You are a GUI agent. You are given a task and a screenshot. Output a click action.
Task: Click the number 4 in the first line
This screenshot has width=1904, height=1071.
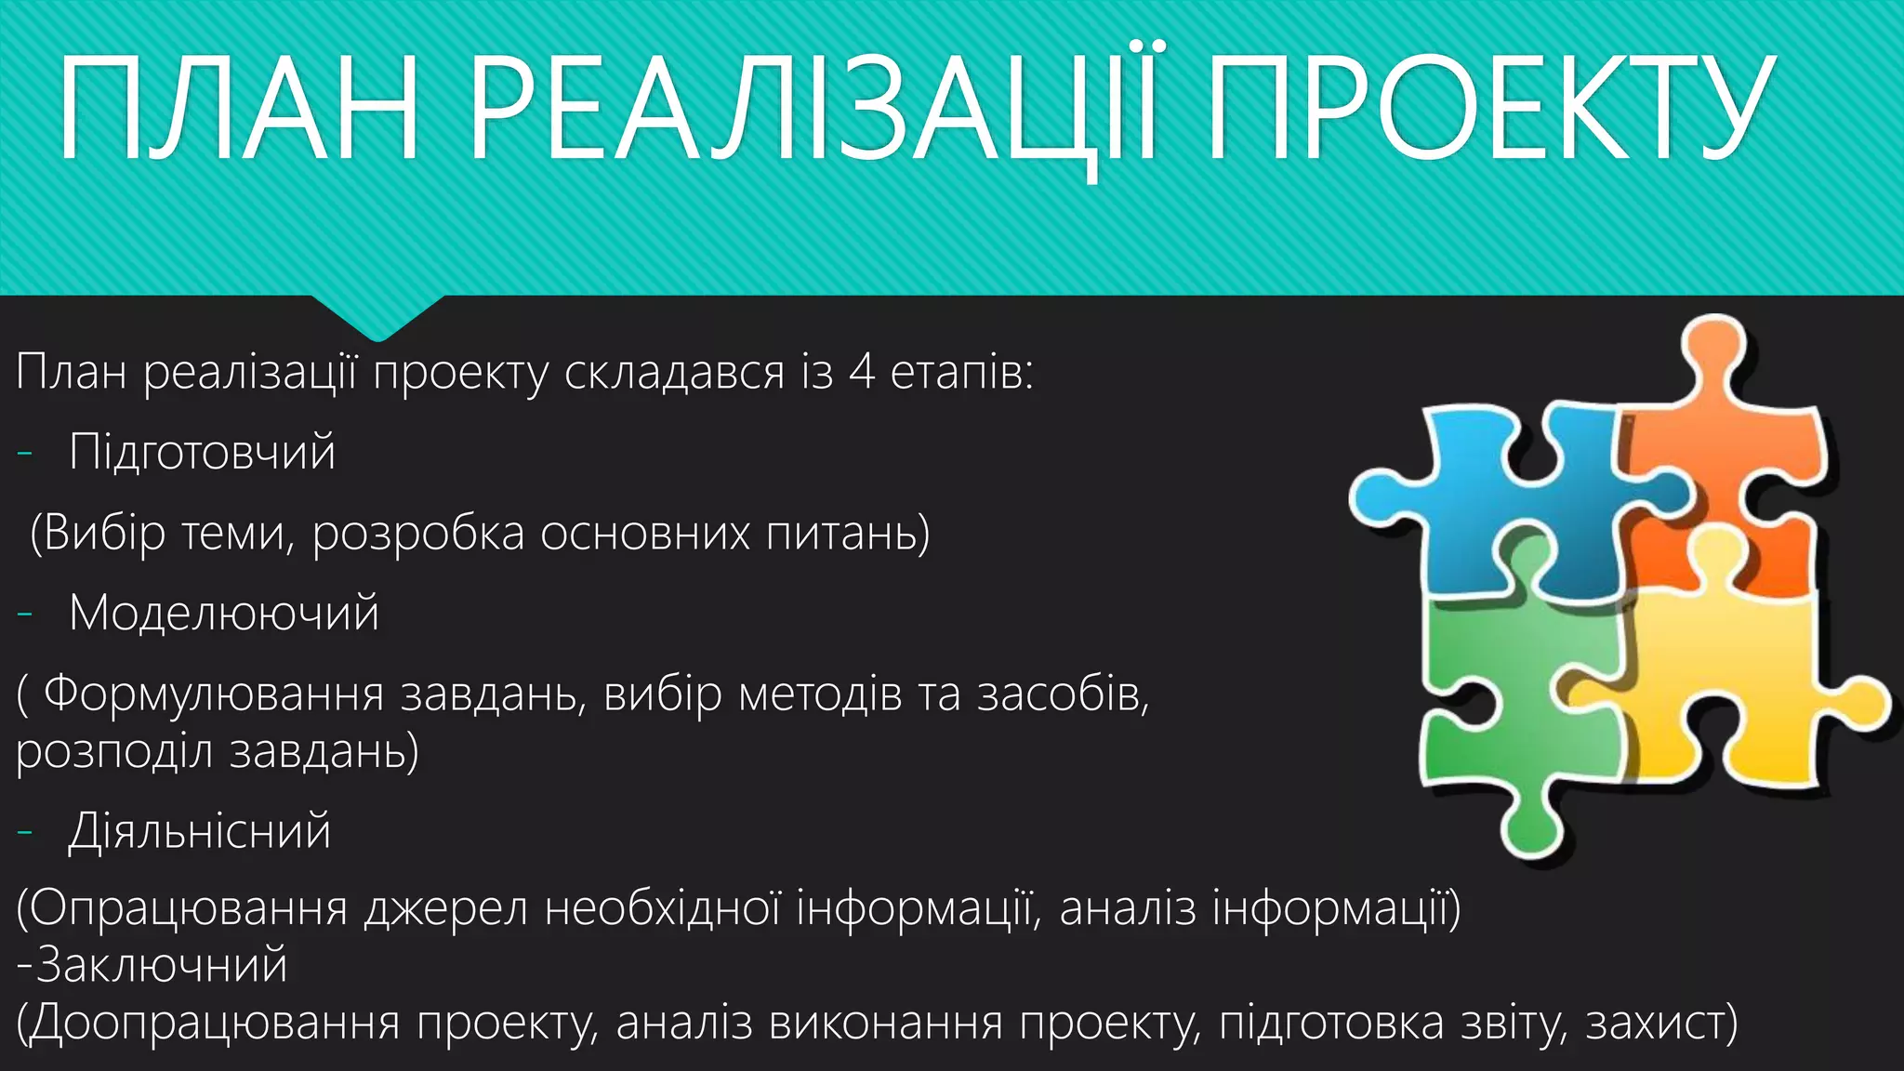862,373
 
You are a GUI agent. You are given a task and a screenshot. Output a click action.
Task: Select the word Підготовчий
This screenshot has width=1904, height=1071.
202,453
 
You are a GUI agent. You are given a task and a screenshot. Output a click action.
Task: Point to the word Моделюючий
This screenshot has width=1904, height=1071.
224,614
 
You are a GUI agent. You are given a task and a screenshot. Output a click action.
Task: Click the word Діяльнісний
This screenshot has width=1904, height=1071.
199,831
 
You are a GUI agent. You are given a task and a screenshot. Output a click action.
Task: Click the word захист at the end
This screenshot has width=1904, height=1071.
1655,1023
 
